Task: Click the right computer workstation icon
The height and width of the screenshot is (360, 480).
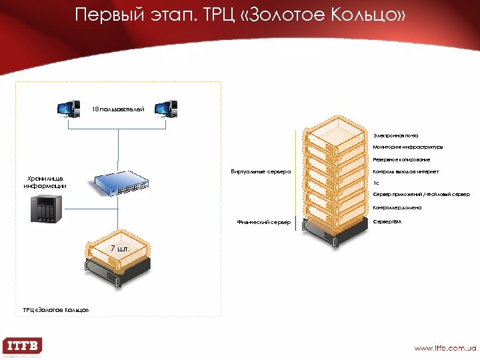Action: pyautogui.click(x=165, y=109)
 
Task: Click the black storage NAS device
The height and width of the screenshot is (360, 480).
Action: pyautogui.click(x=45, y=209)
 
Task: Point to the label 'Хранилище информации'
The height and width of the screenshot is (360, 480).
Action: pyautogui.click(x=45, y=182)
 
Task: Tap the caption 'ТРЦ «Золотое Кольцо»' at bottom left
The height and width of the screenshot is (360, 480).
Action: pyautogui.click(x=55, y=310)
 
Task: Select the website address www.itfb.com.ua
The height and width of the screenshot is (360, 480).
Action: pyautogui.click(x=445, y=347)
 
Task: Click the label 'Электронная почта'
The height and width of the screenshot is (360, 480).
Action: pyautogui.click(x=395, y=135)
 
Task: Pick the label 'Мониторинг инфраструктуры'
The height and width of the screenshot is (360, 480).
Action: pyautogui.click(x=407, y=147)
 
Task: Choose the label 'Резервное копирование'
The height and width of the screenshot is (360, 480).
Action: pyautogui.click(x=401, y=159)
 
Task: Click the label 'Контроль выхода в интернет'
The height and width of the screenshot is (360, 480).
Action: pyautogui.click(x=405, y=171)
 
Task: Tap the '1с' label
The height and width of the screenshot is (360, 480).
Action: pyautogui.click(x=376, y=183)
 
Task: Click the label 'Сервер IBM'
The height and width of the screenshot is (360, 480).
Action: pyautogui.click(x=387, y=221)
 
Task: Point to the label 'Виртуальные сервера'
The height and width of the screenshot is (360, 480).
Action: pyautogui.click(x=261, y=171)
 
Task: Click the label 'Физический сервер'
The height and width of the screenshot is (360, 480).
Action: pyautogui.click(x=264, y=222)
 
